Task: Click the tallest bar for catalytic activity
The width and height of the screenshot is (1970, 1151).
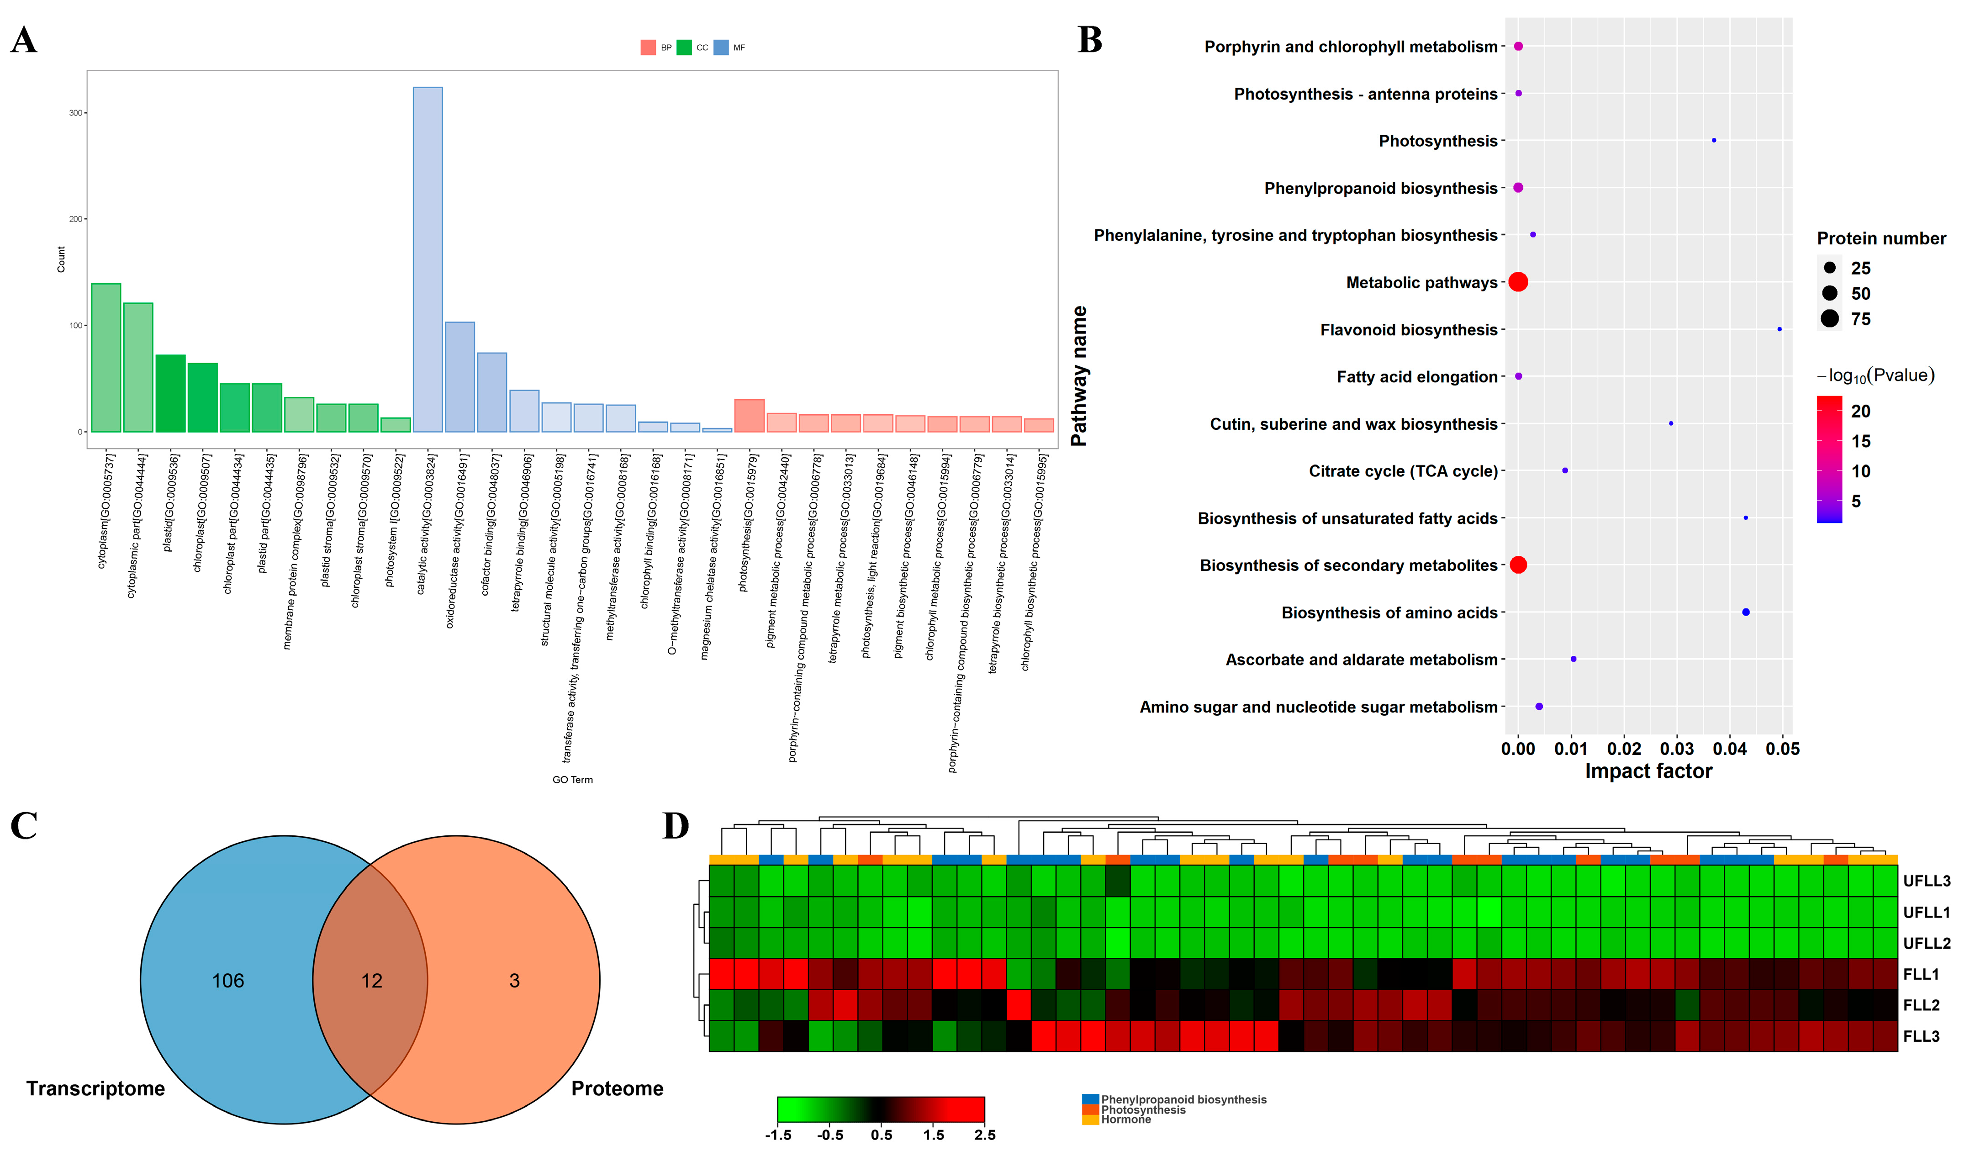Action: [428, 258]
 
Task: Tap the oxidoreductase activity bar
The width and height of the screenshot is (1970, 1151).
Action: [459, 376]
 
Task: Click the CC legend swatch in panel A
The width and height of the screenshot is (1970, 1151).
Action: [684, 48]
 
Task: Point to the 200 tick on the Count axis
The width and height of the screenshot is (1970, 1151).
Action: [76, 219]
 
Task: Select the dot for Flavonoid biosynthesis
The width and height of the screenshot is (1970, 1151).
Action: [1779, 329]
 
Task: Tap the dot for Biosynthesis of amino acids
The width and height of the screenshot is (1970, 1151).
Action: [1746, 612]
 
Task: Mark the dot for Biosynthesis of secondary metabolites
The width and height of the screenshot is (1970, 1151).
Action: [1518, 565]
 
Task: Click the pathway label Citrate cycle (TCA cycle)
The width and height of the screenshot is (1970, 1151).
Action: [1403, 471]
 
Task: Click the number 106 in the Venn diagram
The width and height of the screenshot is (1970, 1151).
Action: [228, 981]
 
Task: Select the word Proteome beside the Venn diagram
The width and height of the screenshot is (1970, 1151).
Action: [617, 1088]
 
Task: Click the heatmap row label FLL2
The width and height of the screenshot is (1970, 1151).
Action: [1922, 1006]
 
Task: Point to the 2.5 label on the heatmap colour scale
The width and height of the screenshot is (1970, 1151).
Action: [985, 1135]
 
